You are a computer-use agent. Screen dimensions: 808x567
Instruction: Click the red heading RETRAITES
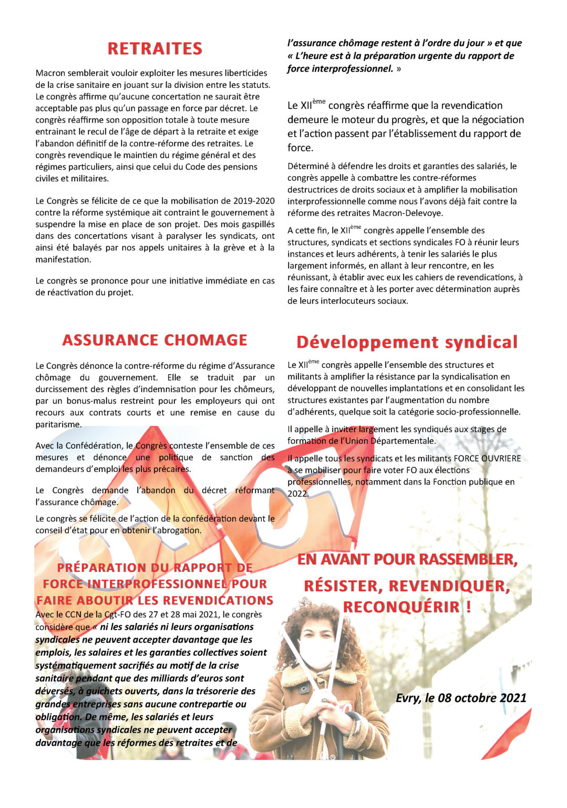tap(154, 49)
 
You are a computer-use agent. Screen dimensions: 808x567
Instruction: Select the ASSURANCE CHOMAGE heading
tap(154, 340)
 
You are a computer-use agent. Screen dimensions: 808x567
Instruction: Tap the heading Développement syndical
tap(407, 342)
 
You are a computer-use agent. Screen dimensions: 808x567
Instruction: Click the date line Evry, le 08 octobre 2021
tap(461, 698)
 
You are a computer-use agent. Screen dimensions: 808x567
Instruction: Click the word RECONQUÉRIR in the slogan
tap(401, 607)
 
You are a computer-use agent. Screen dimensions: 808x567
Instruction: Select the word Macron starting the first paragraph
tap(50, 73)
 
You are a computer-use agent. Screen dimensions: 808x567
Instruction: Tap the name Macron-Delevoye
tap(407, 213)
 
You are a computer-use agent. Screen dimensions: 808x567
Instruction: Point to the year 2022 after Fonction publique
tap(297, 493)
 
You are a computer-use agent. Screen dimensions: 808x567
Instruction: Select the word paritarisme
tap(58, 425)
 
